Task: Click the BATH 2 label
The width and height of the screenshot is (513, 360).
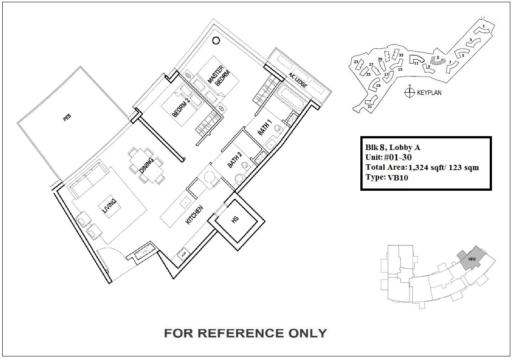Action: (235, 160)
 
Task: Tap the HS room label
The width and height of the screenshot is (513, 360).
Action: (235, 219)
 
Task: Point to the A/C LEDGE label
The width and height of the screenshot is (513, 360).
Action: (298, 80)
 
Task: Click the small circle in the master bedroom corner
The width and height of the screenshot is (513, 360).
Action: (216, 41)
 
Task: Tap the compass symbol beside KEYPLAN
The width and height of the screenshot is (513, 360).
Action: (409, 92)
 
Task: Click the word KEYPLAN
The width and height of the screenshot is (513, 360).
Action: (429, 93)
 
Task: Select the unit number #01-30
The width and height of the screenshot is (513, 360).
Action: (398, 157)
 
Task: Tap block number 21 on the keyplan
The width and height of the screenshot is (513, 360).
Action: (370, 107)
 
